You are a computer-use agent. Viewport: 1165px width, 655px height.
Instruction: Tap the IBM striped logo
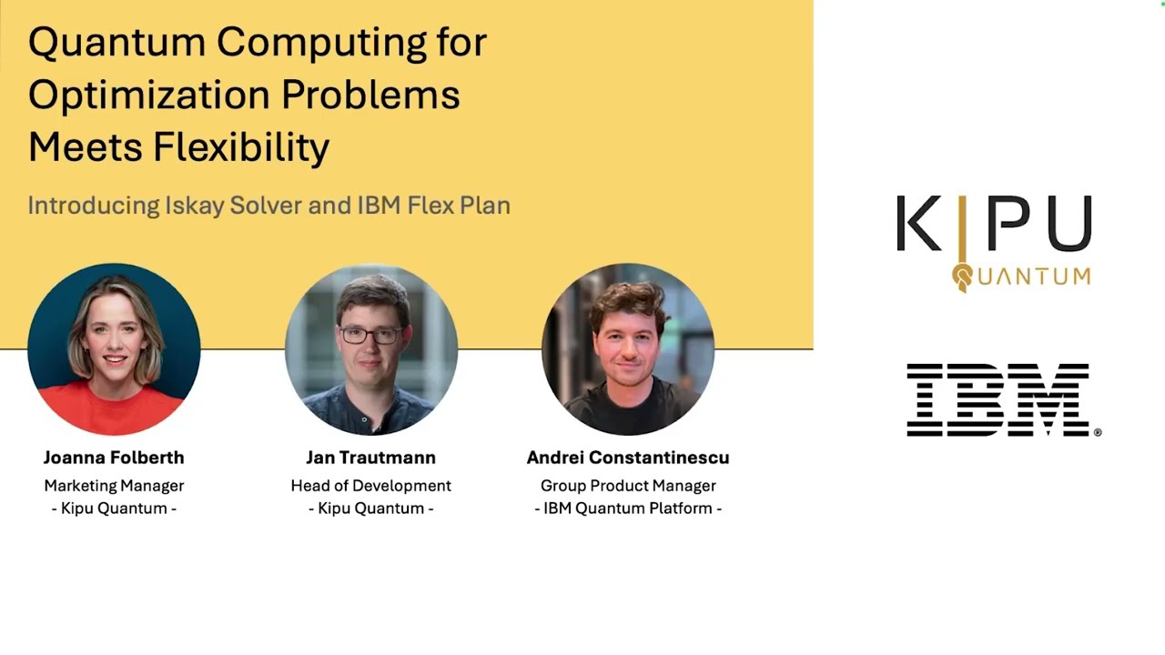pos(999,400)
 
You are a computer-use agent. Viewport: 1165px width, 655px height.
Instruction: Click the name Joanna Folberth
pos(114,458)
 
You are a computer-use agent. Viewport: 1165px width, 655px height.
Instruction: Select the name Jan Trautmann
pos(370,458)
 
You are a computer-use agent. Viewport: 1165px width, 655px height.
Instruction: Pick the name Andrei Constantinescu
pos(628,458)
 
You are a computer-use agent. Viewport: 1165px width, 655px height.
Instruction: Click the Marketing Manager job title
pos(114,486)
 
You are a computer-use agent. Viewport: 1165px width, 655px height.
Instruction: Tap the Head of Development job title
pos(370,486)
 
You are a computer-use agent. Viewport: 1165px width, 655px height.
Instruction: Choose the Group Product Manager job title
pos(628,486)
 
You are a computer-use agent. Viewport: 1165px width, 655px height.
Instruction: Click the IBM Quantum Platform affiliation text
pos(628,509)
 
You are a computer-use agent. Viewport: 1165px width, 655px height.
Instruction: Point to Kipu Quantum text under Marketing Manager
pos(114,509)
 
